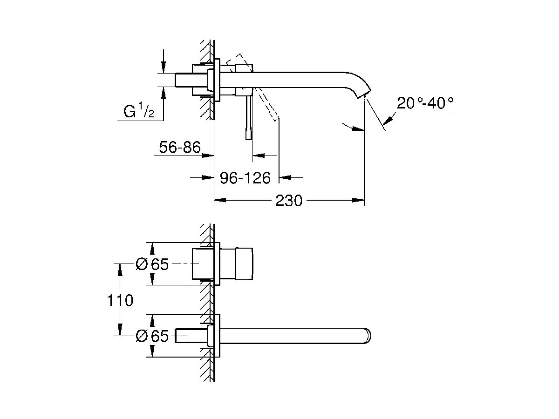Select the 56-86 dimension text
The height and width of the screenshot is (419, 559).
(179, 148)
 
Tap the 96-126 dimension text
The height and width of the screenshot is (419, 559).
(245, 177)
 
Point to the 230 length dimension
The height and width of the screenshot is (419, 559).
(288, 201)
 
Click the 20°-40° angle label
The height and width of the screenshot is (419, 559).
(425, 103)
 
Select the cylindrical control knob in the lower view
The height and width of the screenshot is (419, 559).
(244, 264)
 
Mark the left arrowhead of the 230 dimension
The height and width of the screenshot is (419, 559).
(219, 201)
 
